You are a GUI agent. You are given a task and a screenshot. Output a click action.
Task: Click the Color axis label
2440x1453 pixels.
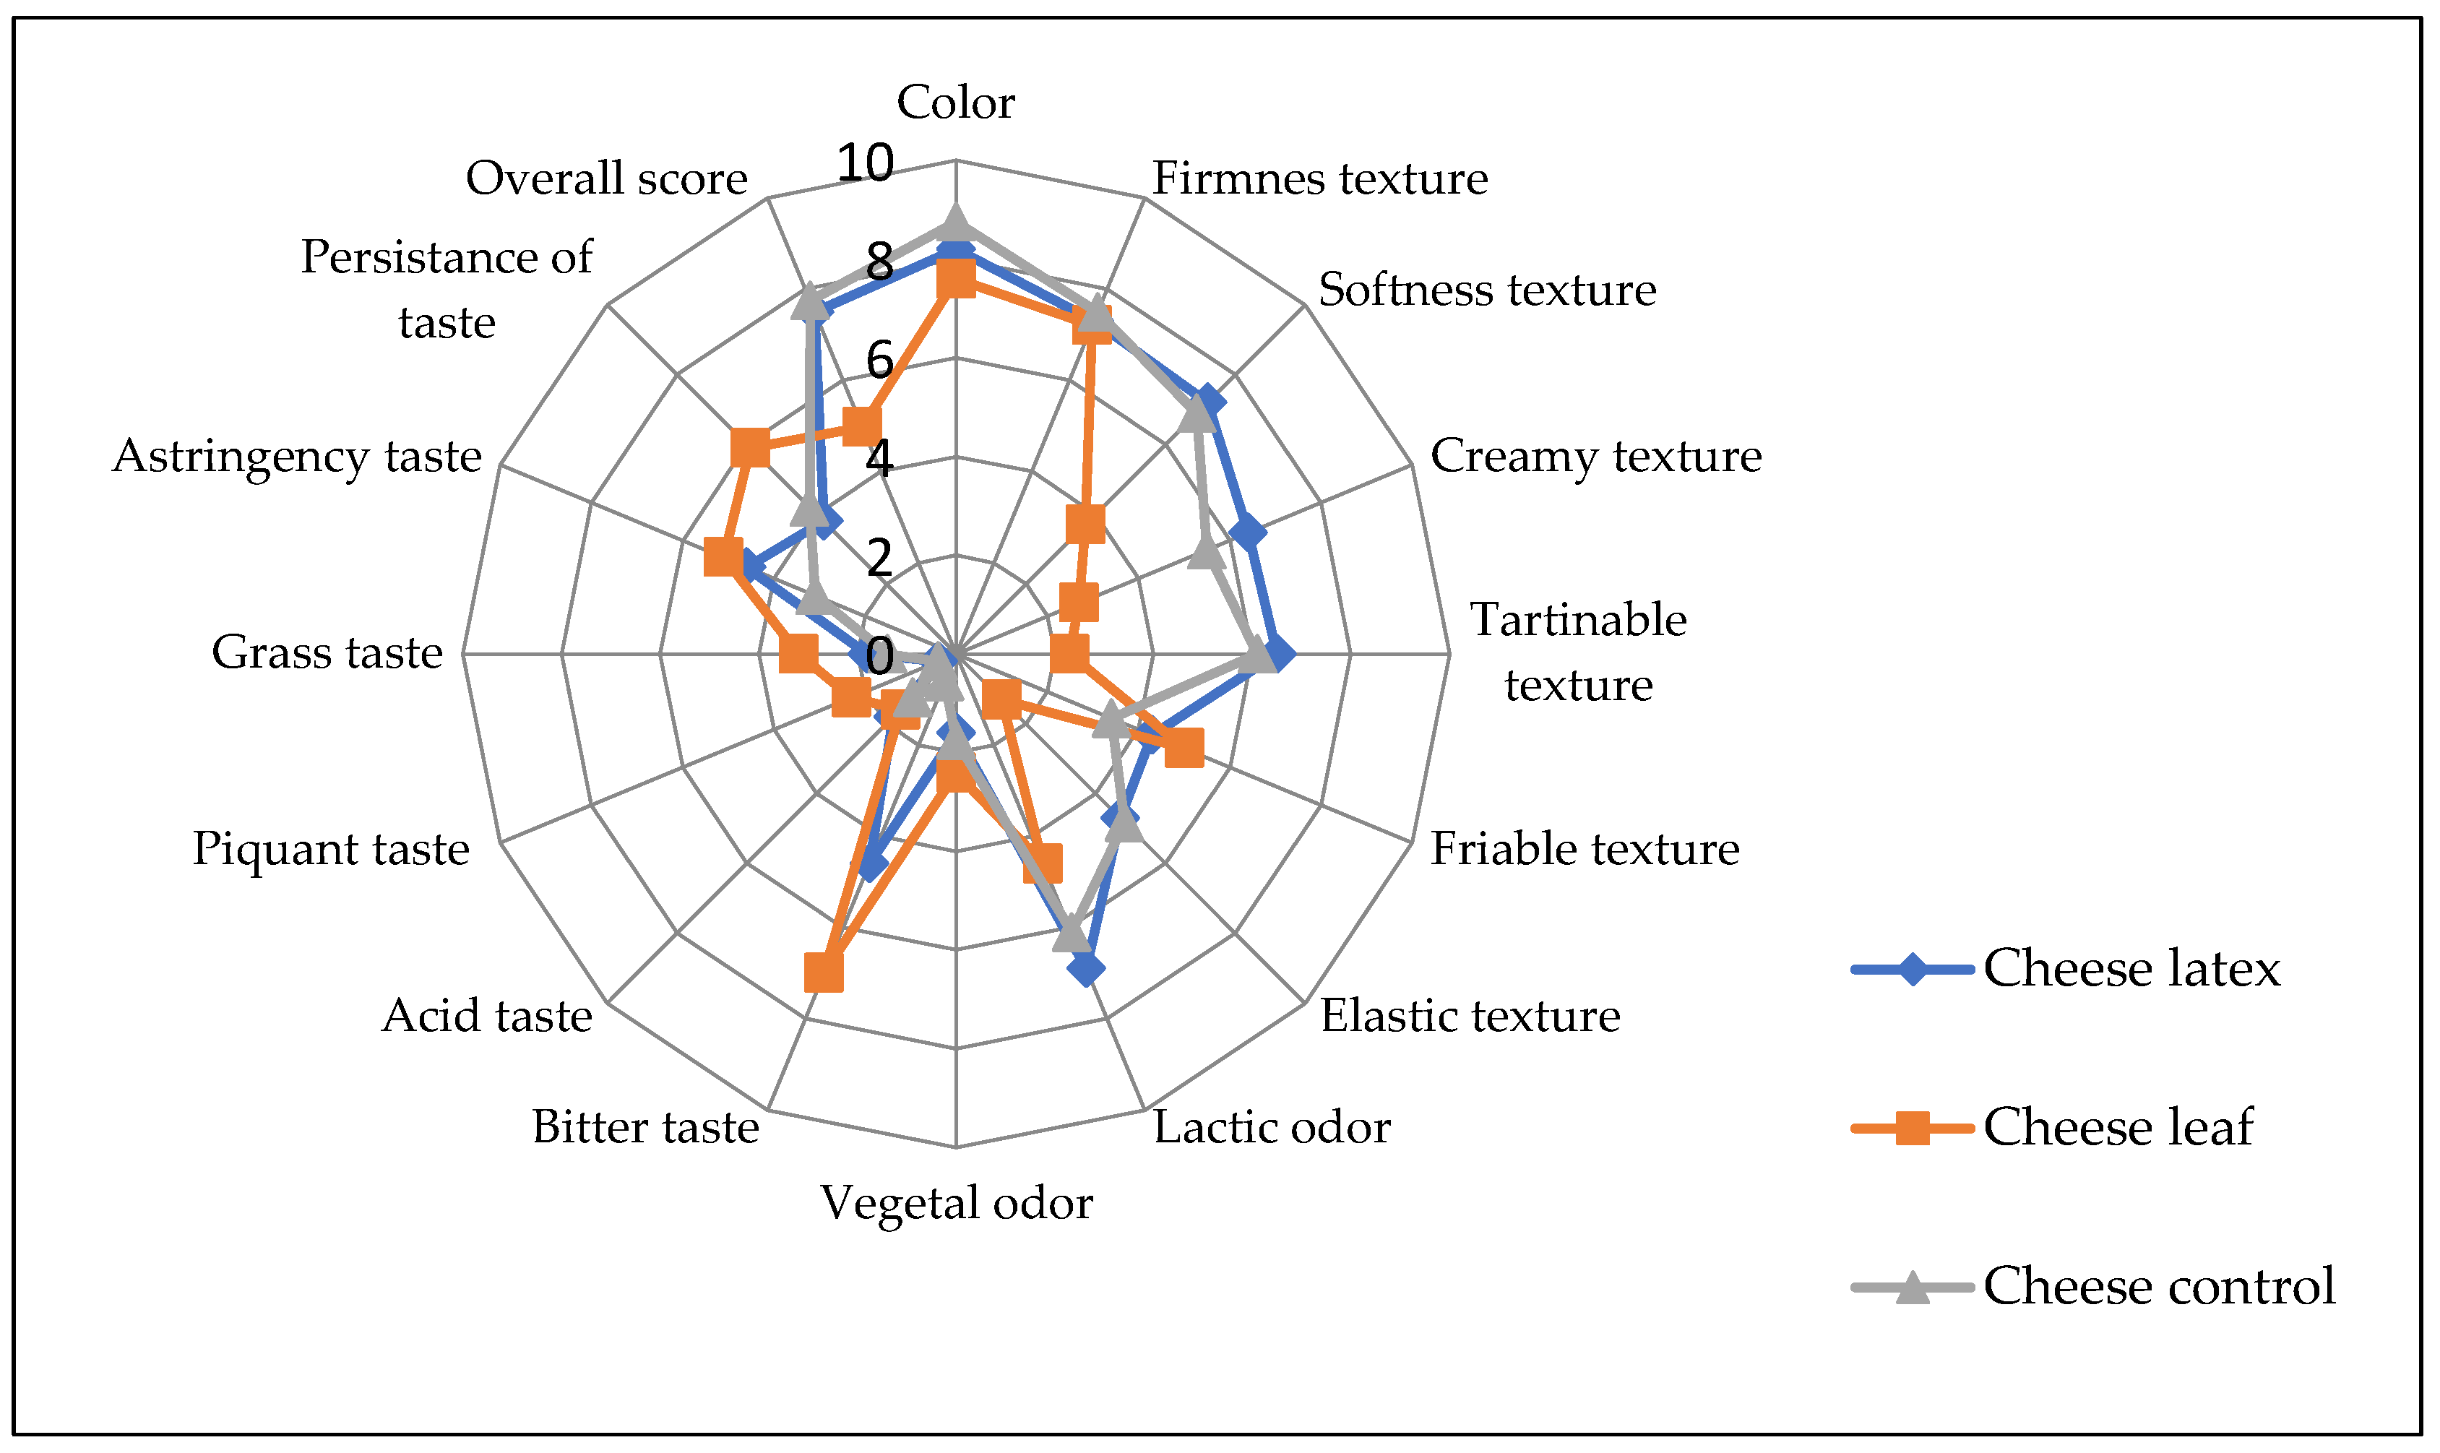click(x=956, y=102)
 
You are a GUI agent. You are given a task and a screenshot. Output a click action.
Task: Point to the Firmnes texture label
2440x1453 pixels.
click(x=1319, y=178)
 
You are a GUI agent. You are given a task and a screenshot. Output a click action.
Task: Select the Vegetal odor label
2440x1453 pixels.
click(x=956, y=1202)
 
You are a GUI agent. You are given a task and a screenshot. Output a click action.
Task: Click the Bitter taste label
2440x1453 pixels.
click(x=645, y=1127)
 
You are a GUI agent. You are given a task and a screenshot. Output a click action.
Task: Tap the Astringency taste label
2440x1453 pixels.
click(x=297, y=456)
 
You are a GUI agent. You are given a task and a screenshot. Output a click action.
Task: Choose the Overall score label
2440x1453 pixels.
click(x=606, y=178)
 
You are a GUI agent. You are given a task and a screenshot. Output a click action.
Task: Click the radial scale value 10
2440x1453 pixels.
click(x=865, y=163)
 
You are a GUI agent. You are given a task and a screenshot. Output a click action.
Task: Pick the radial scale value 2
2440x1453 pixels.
click(x=879, y=557)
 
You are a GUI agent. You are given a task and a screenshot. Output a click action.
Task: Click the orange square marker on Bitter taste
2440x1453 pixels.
click(x=824, y=973)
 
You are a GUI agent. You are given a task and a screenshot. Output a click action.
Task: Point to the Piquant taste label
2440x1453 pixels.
click(x=330, y=849)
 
